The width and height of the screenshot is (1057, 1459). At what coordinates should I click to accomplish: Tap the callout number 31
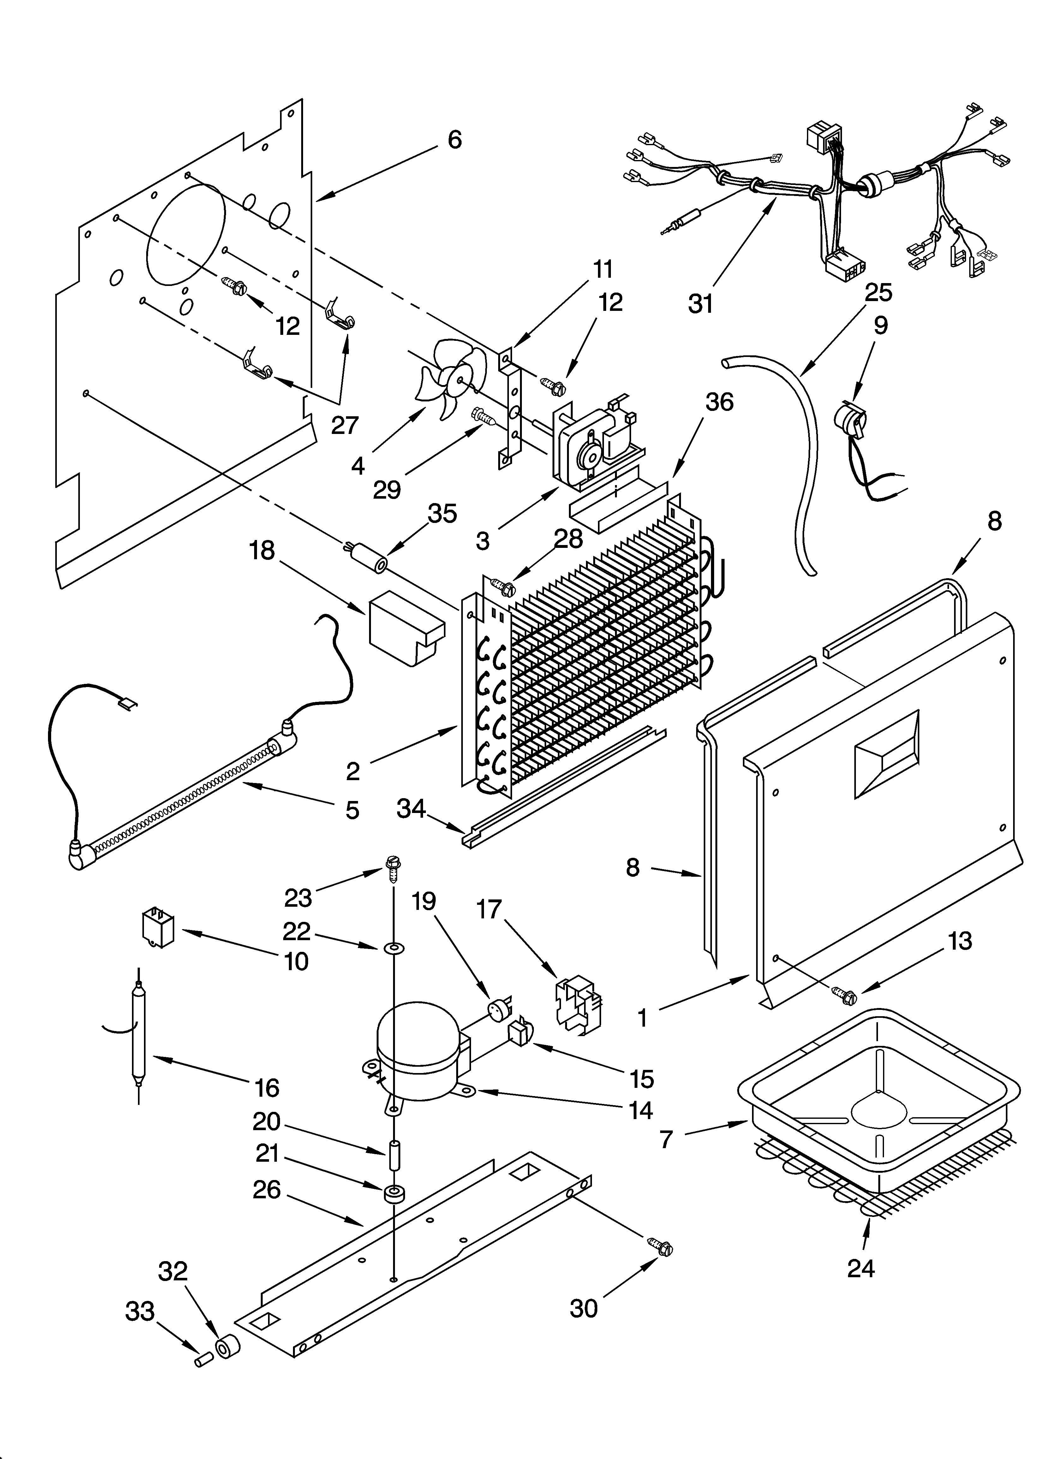coord(701,303)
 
